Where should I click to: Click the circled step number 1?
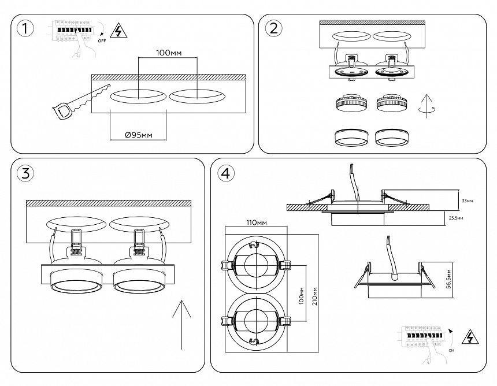(25, 28)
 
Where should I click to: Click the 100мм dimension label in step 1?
(169, 53)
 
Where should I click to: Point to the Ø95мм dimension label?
(139, 135)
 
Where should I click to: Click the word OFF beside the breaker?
(102, 42)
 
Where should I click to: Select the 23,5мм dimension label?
(466, 218)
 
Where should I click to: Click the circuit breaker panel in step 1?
(72, 30)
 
